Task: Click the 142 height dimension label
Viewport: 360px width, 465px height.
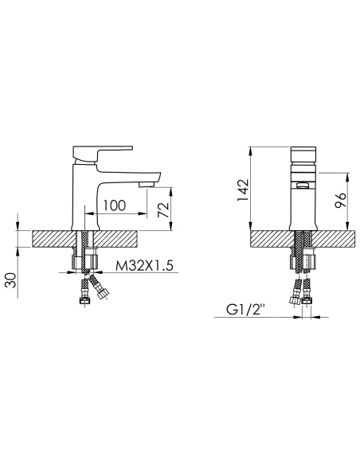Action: click(x=243, y=190)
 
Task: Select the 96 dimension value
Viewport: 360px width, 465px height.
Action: click(x=340, y=200)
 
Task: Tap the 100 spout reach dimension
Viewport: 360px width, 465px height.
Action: click(x=114, y=205)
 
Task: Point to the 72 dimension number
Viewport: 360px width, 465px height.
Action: click(x=163, y=209)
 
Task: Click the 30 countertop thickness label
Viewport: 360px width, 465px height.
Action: click(x=10, y=280)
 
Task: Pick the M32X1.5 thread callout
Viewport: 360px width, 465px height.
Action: click(x=144, y=265)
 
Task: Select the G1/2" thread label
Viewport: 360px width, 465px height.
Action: click(x=245, y=310)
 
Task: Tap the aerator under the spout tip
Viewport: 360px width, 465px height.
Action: click(x=147, y=185)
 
